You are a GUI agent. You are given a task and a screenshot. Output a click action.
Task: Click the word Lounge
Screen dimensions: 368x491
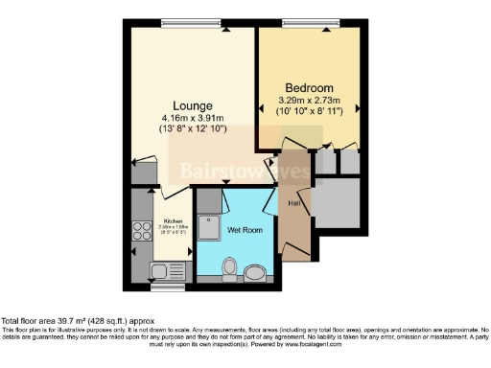click(192, 104)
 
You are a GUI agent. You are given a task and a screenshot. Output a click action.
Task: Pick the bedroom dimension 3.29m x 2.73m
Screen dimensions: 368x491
click(309, 97)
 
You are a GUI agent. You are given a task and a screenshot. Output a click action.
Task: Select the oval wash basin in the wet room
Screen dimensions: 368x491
click(256, 273)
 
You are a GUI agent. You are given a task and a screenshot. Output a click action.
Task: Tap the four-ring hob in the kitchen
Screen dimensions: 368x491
click(141, 232)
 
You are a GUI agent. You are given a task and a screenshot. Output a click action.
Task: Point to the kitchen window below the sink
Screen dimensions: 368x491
click(169, 286)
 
